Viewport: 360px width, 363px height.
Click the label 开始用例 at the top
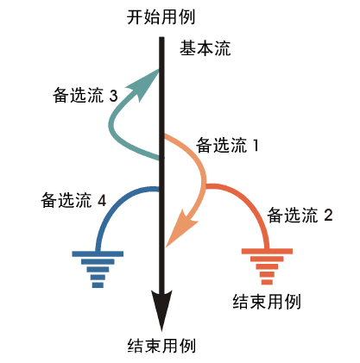click(x=161, y=17)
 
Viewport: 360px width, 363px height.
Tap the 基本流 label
click(x=205, y=48)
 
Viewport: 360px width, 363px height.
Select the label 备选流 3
click(x=85, y=96)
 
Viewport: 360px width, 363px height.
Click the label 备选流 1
click(x=227, y=145)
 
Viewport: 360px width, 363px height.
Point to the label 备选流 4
click(x=73, y=200)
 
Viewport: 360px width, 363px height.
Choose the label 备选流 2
click(x=300, y=215)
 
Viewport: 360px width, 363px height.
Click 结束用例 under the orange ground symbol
click(x=267, y=302)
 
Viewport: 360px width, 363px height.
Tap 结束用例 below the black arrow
click(x=161, y=346)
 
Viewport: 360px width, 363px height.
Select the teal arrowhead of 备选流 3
click(x=145, y=84)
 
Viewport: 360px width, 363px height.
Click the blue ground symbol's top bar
click(x=98, y=253)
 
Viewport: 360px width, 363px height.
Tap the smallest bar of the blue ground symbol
click(x=98, y=285)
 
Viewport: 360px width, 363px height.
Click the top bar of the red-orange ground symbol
click(x=267, y=252)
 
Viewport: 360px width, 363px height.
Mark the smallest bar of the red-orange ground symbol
click(x=267, y=282)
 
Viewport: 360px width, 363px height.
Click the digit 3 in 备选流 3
click(x=114, y=96)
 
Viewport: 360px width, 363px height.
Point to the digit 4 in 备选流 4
click(x=102, y=201)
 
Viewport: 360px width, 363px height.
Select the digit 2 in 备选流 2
click(x=329, y=216)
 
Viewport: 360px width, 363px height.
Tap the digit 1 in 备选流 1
click(x=256, y=146)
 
